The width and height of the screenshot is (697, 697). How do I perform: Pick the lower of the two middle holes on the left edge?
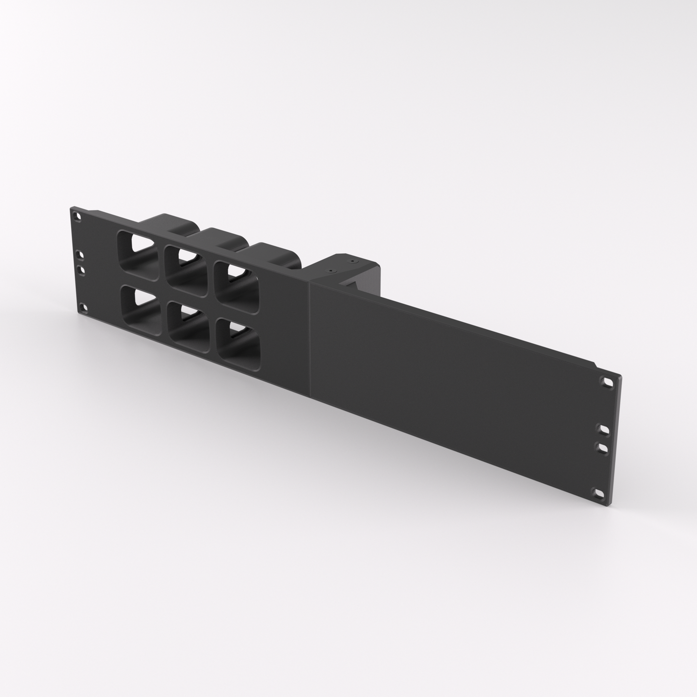click(x=81, y=269)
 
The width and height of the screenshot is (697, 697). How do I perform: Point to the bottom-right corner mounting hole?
click(x=599, y=492)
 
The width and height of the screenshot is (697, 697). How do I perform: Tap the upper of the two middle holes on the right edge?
click(x=603, y=428)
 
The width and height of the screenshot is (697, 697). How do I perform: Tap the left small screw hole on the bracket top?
click(x=331, y=271)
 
